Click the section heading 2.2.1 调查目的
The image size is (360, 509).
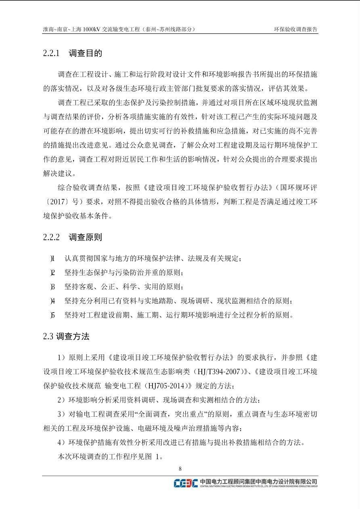73,53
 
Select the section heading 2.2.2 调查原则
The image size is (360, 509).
73,237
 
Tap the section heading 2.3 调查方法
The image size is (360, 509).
66,336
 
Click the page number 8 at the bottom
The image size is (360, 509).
180,469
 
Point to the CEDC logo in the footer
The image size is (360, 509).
186,483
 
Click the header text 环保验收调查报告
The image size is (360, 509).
295,29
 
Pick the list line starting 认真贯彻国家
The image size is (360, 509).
153,259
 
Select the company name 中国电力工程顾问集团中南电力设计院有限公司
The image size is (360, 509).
258,481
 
